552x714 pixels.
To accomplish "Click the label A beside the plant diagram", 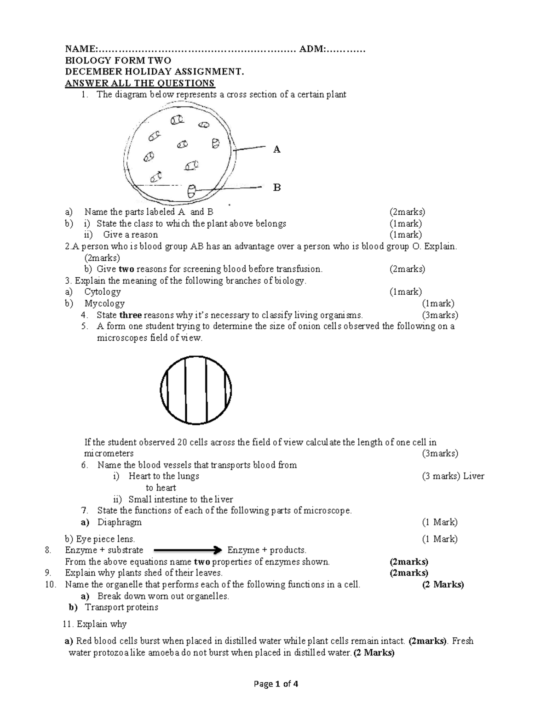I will click(276, 149).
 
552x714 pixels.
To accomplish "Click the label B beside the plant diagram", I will click(276, 188).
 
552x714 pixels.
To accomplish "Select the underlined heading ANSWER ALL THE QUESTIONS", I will click(140, 83).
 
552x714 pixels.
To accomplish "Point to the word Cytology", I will click(103, 292).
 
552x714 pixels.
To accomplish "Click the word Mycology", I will click(104, 303).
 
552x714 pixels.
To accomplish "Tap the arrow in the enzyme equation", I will click(188, 550).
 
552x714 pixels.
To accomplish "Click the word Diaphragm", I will click(120, 522).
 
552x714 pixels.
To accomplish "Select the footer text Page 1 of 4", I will click(276, 684).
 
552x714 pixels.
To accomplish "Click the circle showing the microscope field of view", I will click(196, 390).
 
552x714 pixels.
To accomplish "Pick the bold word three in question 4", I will click(131, 315).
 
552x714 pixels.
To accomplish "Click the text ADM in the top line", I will click(312, 49).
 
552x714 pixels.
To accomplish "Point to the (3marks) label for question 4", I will click(440, 315).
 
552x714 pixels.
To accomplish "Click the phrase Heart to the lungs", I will click(164, 476).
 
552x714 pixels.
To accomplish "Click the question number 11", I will click(68, 624).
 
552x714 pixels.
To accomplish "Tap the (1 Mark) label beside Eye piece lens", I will click(440, 539).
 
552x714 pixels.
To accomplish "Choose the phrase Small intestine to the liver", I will click(181, 499).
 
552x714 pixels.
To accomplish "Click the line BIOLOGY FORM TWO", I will click(118, 61).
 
